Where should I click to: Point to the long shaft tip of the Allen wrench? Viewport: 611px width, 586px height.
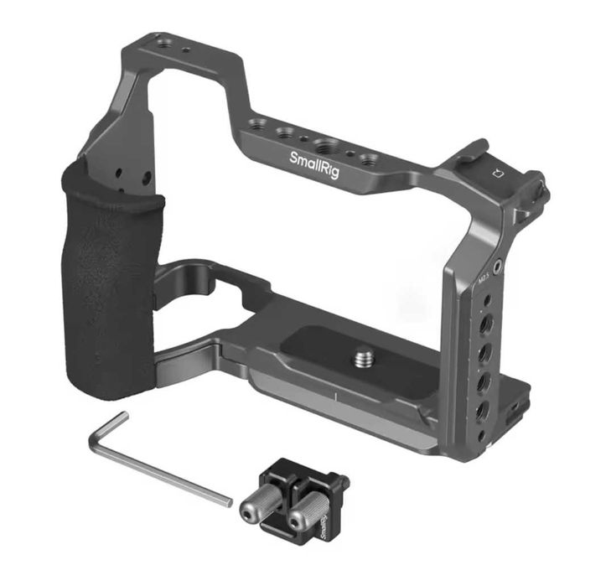pos(225,500)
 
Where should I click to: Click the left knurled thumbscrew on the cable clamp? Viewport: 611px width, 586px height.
pos(255,511)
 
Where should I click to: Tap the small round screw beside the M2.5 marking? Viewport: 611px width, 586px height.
pos(500,267)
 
